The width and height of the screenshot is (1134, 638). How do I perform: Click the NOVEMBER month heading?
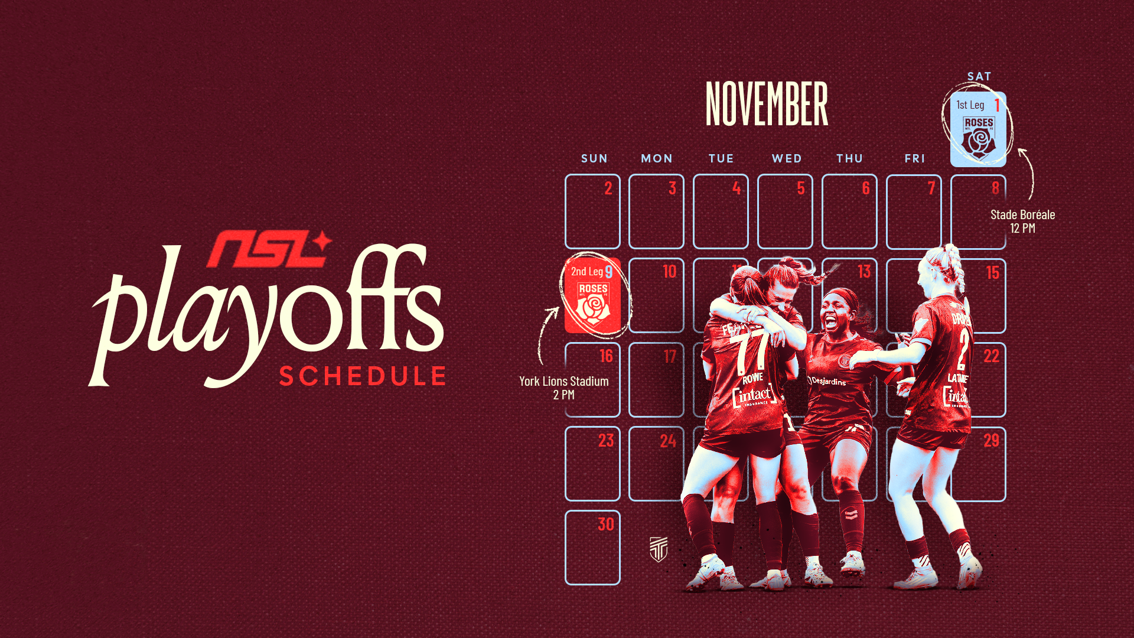[x=767, y=104]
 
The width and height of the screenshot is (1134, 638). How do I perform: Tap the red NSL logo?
[x=269, y=249]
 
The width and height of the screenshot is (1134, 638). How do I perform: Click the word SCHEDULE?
[x=363, y=376]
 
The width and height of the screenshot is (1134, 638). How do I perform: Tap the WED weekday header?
[x=787, y=158]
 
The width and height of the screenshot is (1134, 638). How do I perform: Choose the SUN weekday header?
[x=594, y=158]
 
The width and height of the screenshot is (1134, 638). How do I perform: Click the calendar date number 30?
[x=605, y=524]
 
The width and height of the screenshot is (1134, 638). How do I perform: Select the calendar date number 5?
[x=800, y=188]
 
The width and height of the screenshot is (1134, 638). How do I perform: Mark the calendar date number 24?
[x=668, y=441]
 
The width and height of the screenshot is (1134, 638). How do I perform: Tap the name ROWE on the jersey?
[x=752, y=378]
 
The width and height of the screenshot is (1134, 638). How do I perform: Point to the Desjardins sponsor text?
[x=828, y=381]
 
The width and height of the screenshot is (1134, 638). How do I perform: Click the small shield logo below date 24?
[x=659, y=549]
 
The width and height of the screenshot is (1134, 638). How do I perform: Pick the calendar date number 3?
[x=672, y=188]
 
